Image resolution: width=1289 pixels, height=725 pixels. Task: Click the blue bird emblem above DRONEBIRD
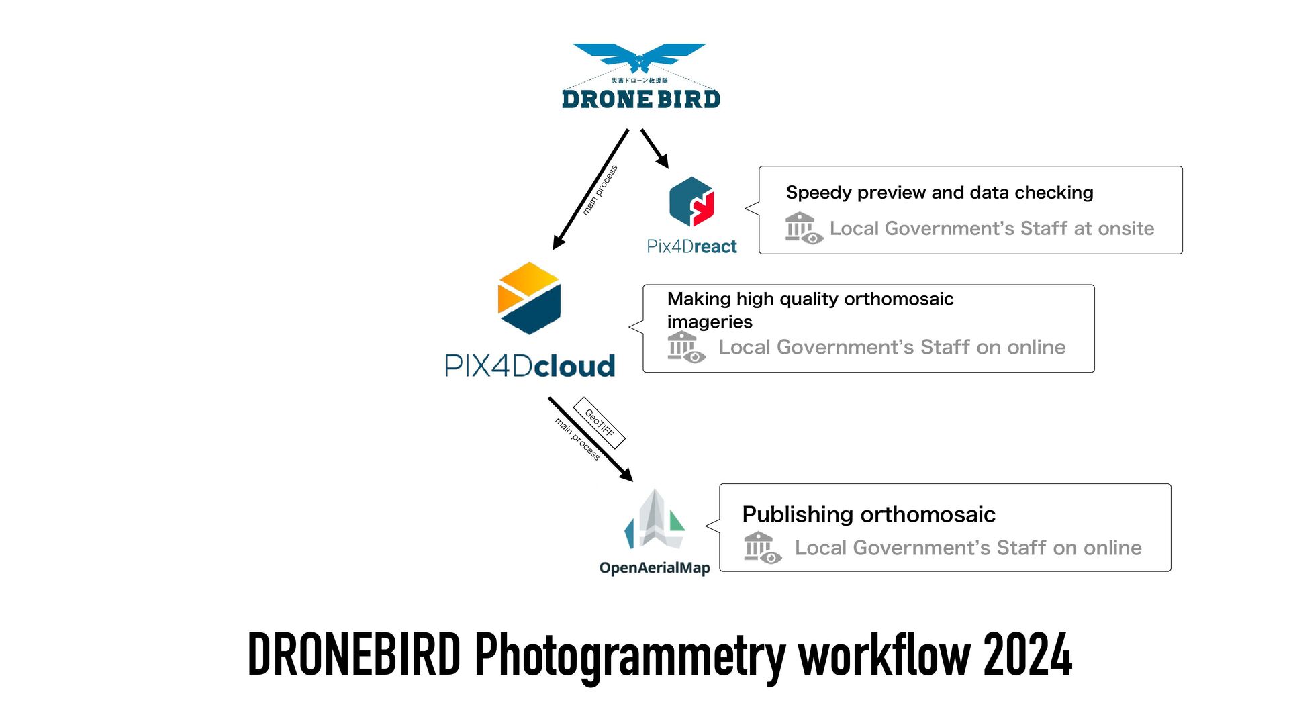click(x=639, y=57)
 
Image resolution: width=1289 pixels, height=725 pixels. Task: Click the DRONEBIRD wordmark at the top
click(x=640, y=99)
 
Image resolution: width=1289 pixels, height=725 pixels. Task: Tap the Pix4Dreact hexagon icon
click(x=691, y=201)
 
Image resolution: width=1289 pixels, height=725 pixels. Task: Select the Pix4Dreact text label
click(x=691, y=246)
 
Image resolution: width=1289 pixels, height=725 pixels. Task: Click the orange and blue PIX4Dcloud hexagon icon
click(x=529, y=298)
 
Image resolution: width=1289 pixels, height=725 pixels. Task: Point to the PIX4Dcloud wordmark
click(x=530, y=366)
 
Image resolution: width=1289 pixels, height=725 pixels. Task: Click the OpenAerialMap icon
click(x=655, y=520)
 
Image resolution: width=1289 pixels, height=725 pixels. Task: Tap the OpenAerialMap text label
click(x=655, y=568)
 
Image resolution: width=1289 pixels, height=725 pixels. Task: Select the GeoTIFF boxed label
click(x=599, y=423)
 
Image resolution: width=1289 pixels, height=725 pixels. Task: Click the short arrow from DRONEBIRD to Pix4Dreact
click(x=655, y=148)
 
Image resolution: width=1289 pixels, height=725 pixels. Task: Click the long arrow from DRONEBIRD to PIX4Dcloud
click(x=591, y=189)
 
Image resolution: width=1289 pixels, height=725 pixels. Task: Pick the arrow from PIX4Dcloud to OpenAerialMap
click(x=590, y=439)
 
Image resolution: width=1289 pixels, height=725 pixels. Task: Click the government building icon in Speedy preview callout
click(x=804, y=228)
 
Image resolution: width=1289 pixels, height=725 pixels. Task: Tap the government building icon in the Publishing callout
click(x=762, y=548)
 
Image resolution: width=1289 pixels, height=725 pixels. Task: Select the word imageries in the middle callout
click(x=710, y=322)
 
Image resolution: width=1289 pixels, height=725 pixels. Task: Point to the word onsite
click(x=1126, y=228)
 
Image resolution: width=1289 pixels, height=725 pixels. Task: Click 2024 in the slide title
click(x=1027, y=655)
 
